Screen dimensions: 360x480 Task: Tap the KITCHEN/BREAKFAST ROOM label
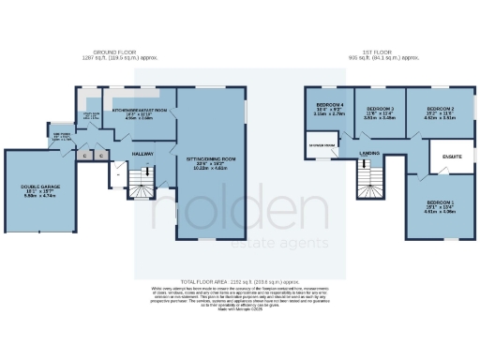pyautogui.click(x=139, y=112)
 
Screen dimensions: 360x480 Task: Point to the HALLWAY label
pyautogui.click(x=142, y=152)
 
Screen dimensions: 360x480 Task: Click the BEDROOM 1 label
pyautogui.click(x=441, y=202)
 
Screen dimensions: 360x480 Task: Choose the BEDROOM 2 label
pyautogui.click(x=440, y=111)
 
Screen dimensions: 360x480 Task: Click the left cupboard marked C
pyautogui.click(x=85, y=155)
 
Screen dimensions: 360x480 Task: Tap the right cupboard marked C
pyautogui.click(x=100, y=155)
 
